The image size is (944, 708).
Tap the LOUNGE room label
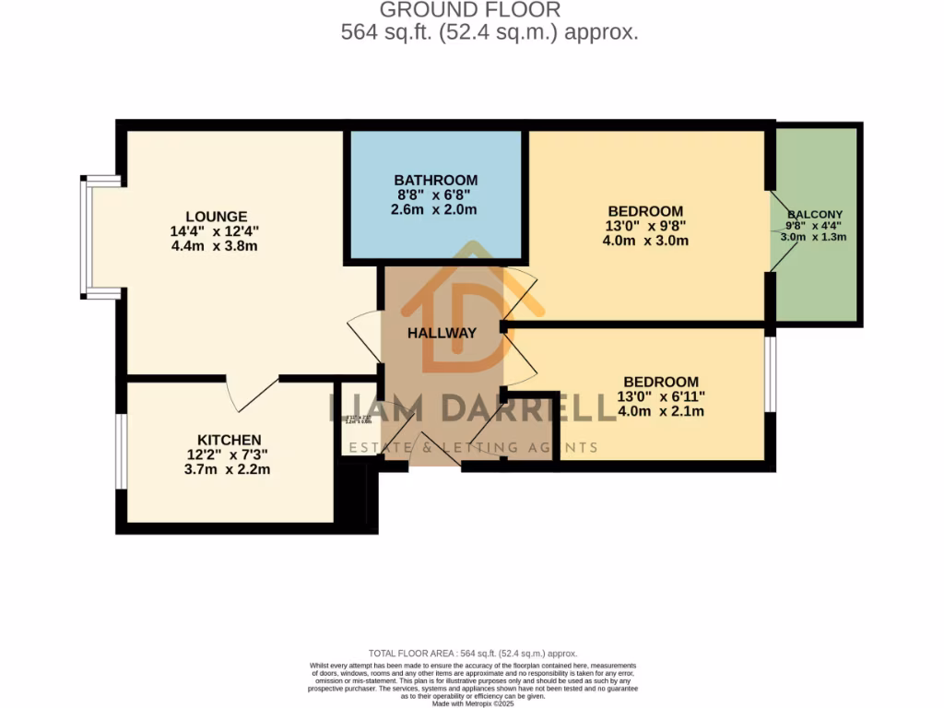(207, 217)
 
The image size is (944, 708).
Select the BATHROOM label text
(436, 180)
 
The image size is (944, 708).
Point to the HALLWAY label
(442, 333)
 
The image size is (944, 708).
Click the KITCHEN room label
(229, 440)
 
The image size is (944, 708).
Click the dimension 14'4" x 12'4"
(207, 231)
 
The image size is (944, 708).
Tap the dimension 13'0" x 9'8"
(644, 226)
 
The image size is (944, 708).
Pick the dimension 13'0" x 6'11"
(660, 396)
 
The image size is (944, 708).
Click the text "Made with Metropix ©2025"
(472, 703)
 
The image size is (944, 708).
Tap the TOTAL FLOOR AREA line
(472, 652)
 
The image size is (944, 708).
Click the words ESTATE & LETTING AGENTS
(472, 448)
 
